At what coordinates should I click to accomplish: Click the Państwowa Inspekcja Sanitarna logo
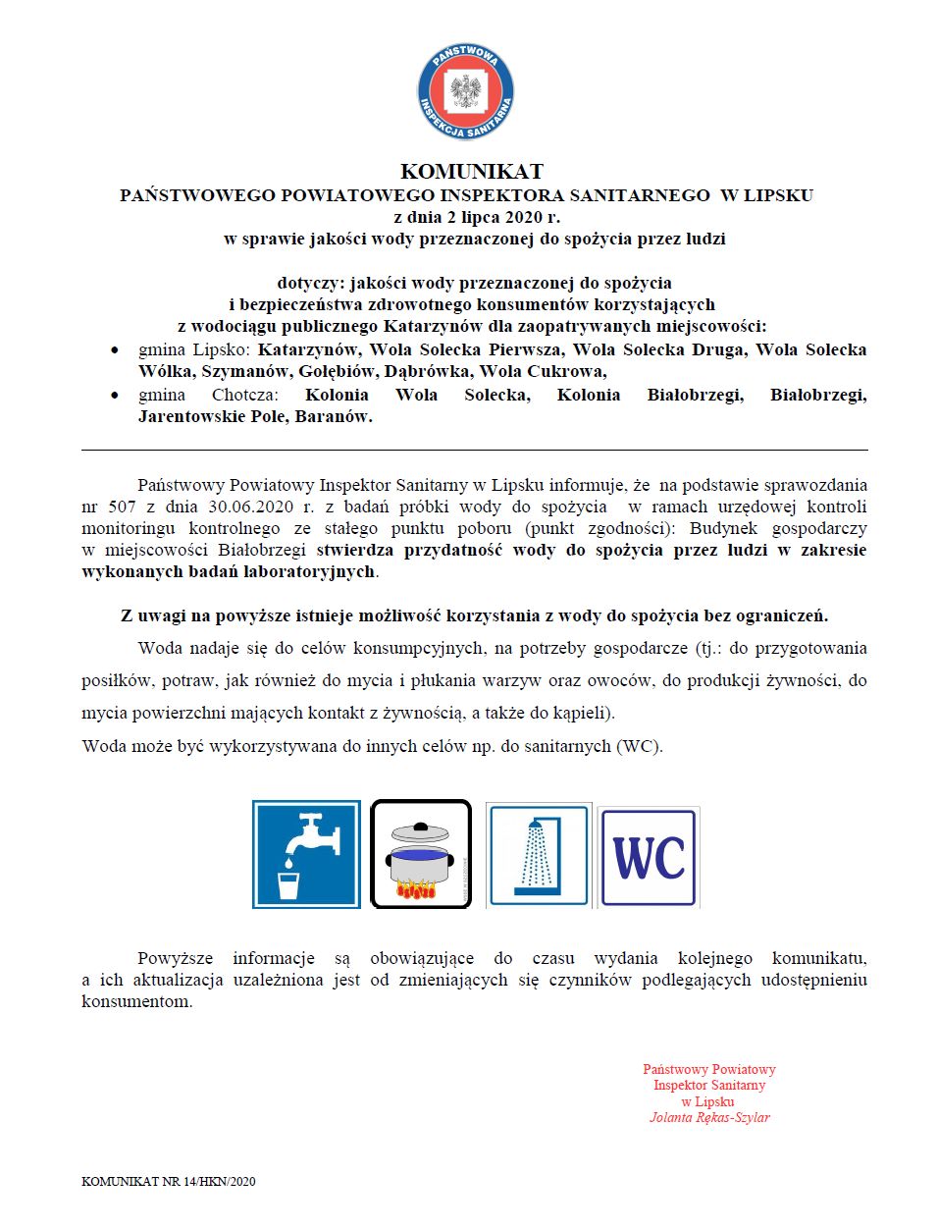[465, 91]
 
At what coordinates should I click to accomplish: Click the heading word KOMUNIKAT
[471, 171]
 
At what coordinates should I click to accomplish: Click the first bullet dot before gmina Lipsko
[116, 350]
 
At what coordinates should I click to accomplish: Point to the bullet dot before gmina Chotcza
[116, 396]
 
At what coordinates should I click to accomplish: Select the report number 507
[122, 507]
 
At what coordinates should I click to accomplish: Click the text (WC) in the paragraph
[639, 746]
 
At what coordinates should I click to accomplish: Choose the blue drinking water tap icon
[306, 854]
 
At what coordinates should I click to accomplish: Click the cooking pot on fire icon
[421, 854]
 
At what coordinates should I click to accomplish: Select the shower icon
[538, 854]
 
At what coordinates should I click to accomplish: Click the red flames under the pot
[416, 890]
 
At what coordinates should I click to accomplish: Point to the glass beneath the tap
[288, 885]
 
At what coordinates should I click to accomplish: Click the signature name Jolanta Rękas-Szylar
[709, 1117]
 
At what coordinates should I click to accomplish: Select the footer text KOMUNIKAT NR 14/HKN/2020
[168, 1181]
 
